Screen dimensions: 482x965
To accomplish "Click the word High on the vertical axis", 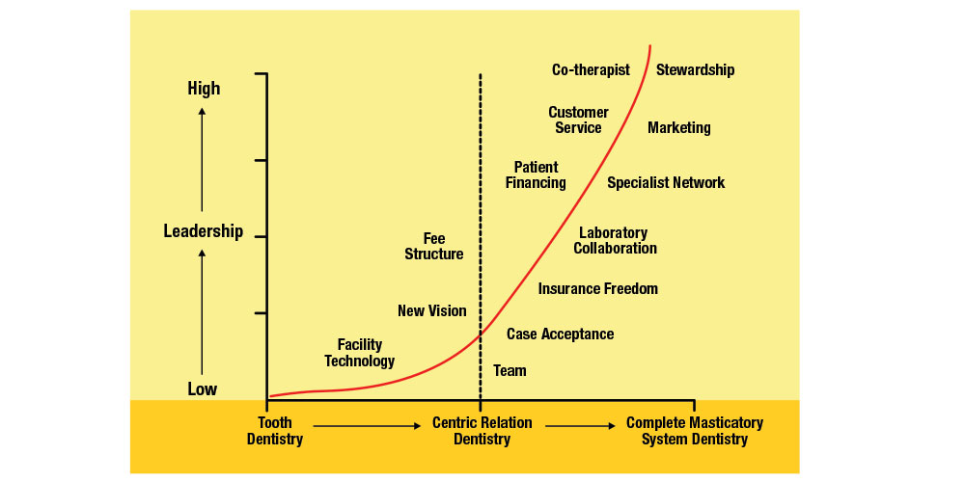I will pyautogui.click(x=204, y=89).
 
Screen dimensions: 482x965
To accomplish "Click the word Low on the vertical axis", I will pyautogui.click(x=203, y=389).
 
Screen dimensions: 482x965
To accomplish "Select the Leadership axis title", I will pyautogui.click(x=203, y=231).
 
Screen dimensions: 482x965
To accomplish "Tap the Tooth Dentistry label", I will pyautogui.click(x=275, y=431).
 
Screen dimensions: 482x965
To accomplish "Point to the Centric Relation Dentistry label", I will pyautogui.click(x=482, y=431).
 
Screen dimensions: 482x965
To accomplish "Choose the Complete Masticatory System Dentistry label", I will pyautogui.click(x=695, y=431).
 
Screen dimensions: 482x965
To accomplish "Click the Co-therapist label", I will pyautogui.click(x=591, y=70).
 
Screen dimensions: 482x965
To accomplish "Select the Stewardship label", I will pyautogui.click(x=695, y=70).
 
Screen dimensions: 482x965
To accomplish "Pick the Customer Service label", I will pyautogui.click(x=578, y=120).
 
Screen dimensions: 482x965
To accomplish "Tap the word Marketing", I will pyautogui.click(x=679, y=128).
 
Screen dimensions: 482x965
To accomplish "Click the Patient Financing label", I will pyautogui.click(x=536, y=175).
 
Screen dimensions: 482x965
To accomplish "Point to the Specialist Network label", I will pyautogui.click(x=666, y=183).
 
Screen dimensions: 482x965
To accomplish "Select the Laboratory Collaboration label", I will pyautogui.click(x=615, y=241).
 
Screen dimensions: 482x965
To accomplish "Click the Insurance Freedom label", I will pyautogui.click(x=598, y=289).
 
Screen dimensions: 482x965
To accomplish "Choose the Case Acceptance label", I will pyautogui.click(x=560, y=335).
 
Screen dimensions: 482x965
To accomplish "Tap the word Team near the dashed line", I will pyautogui.click(x=510, y=371).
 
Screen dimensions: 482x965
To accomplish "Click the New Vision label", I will pyautogui.click(x=431, y=311).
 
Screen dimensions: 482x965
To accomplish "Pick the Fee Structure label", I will pyautogui.click(x=434, y=247).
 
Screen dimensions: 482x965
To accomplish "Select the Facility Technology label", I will pyautogui.click(x=360, y=353).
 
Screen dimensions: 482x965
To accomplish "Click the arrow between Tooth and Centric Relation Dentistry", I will pyautogui.click(x=367, y=424).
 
